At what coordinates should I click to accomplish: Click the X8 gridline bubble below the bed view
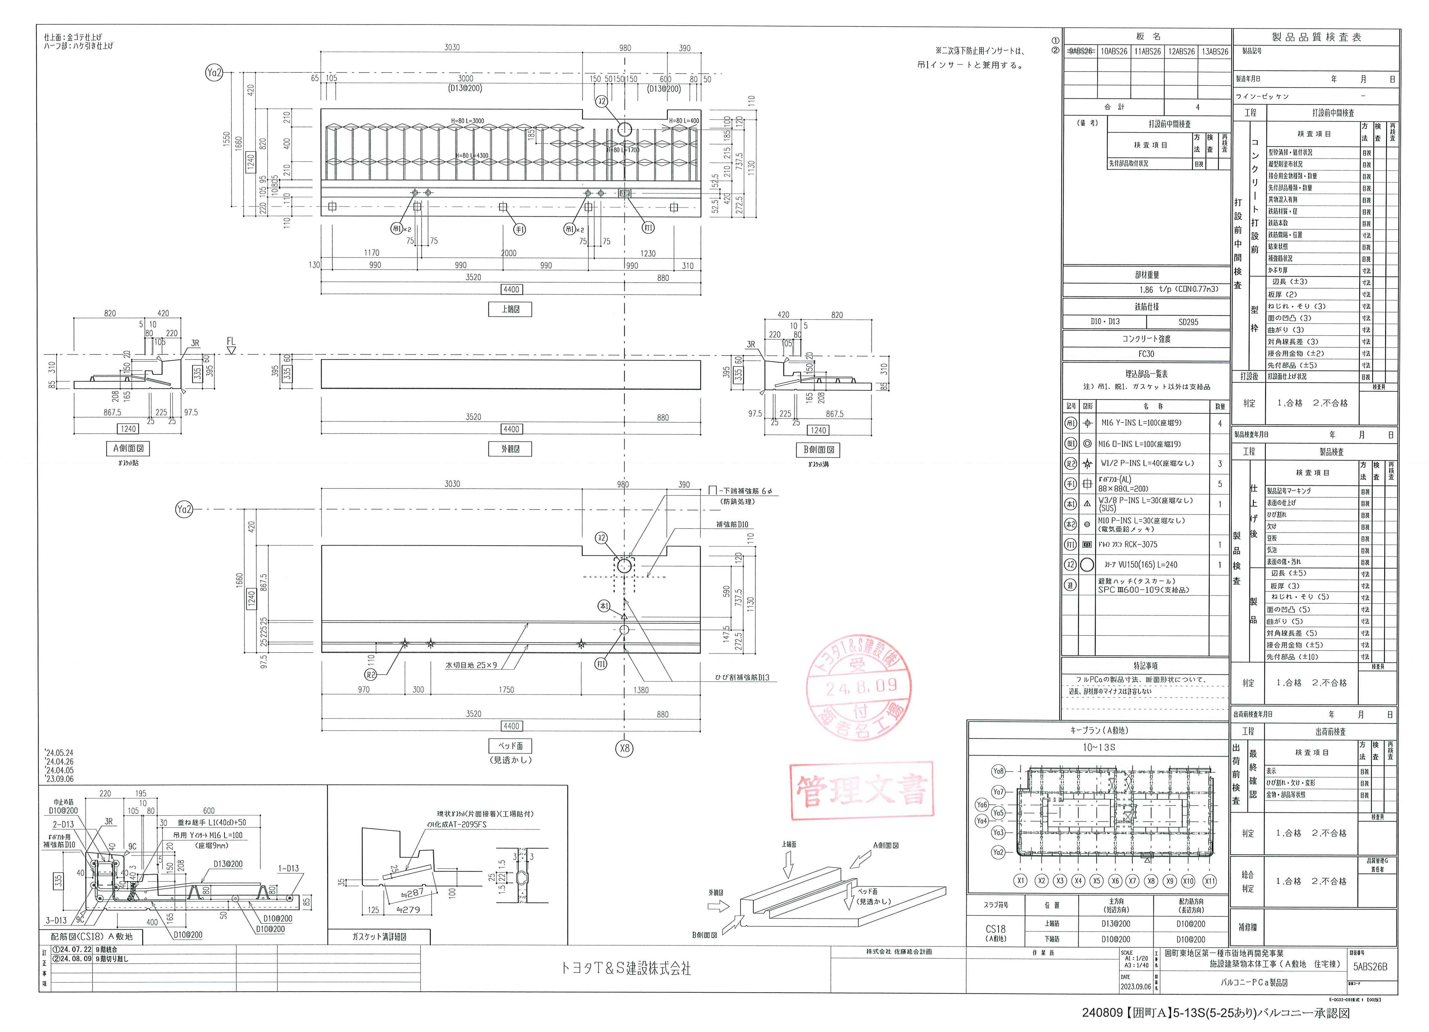pyautogui.click(x=624, y=748)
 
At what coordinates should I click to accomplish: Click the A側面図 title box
pyautogui.click(x=129, y=449)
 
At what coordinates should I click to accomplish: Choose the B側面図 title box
pyautogui.click(x=819, y=450)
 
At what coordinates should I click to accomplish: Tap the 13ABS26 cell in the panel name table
pyautogui.click(x=1214, y=52)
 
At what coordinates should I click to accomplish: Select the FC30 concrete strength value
pyautogui.click(x=1146, y=354)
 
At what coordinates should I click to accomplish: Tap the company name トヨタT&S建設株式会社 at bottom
pyautogui.click(x=626, y=968)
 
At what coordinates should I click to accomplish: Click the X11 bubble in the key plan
pyautogui.click(x=1209, y=881)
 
